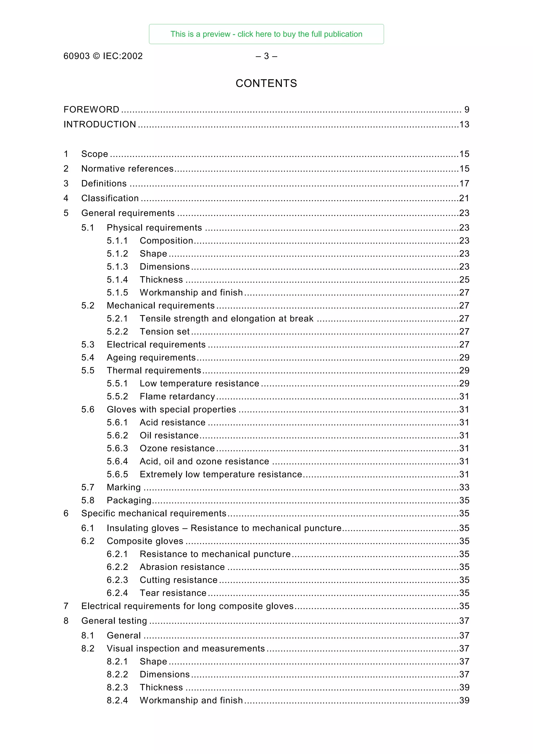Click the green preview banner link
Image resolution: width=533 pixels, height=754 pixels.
coord(266,34)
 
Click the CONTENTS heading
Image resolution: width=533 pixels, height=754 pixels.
coord(266,84)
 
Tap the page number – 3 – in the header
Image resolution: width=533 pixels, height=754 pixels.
coord(266,56)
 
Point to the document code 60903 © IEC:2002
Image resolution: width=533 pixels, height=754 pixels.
coord(103,56)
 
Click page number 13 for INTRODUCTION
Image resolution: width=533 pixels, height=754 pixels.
coord(464,124)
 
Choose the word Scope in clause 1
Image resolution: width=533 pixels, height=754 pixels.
coord(94,154)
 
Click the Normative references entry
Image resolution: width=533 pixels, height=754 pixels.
coord(128,169)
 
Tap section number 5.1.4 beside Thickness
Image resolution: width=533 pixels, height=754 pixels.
coord(117,280)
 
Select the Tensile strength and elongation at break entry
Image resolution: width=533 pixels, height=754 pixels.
coord(227,318)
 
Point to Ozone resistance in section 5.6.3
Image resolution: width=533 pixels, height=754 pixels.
coord(177,449)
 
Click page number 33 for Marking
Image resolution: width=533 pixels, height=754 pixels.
coord(464,487)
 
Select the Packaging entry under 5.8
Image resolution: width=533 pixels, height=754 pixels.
coord(129,501)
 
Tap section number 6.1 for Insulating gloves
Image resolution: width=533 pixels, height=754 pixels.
coord(88,528)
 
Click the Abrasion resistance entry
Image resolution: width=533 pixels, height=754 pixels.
coord(182,567)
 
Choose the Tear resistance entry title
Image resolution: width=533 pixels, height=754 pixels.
coord(173,593)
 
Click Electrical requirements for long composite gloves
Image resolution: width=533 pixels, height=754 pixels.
coord(187,606)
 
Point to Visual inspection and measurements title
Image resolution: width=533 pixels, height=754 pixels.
coord(186,649)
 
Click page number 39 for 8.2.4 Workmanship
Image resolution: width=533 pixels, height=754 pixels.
coord(464,700)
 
